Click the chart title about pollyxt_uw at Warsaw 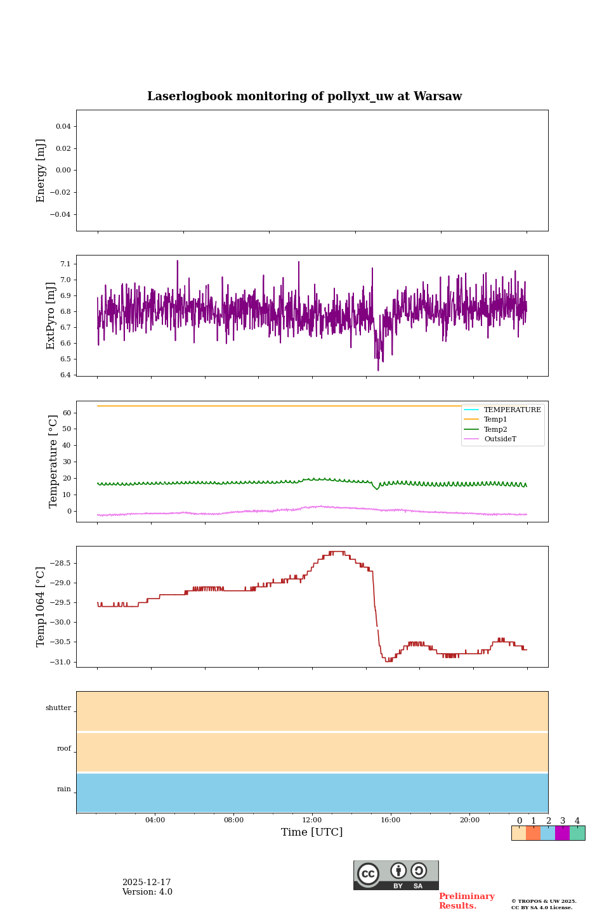(x=304, y=96)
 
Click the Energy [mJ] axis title (x=41, y=171)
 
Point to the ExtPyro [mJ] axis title (x=51, y=316)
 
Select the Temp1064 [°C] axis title (x=41, y=607)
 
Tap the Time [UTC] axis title (x=312, y=832)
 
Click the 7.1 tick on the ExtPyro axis (x=65, y=264)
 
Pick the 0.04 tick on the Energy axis (x=63, y=126)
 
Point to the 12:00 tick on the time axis (x=312, y=820)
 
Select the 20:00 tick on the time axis (x=469, y=820)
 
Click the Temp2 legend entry (x=495, y=429)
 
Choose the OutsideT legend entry (x=499, y=439)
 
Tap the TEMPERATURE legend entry (x=512, y=410)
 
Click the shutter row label (x=58, y=708)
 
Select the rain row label (x=64, y=789)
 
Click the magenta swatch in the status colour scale (x=562, y=833)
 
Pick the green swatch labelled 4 (x=577, y=833)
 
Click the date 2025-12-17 (x=147, y=883)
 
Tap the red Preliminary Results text (x=466, y=901)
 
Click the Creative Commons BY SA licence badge (x=396, y=875)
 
